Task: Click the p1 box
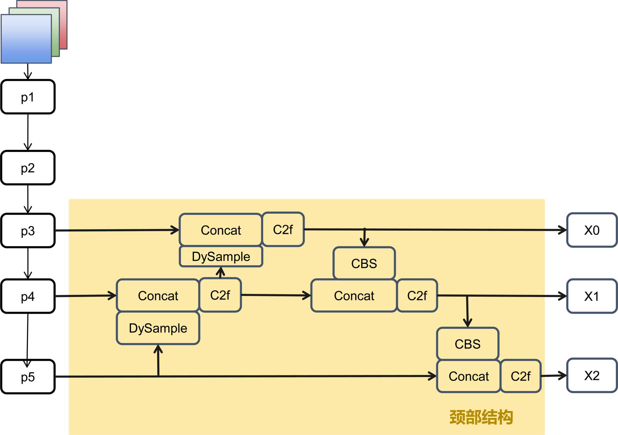[x=28, y=97]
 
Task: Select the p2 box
[x=28, y=168]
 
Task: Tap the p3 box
[x=28, y=231]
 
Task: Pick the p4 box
[x=28, y=296]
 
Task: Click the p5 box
[x=28, y=377]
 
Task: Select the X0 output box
[x=592, y=230]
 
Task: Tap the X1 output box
[x=592, y=296]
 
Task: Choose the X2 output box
[x=592, y=375]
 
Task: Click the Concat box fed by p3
[x=221, y=230]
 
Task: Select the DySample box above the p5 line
[x=158, y=328]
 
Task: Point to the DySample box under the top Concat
[x=221, y=256]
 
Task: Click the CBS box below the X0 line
[x=364, y=263]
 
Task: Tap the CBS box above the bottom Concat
[x=468, y=344]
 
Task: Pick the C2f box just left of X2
[x=520, y=376]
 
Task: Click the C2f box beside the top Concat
[x=283, y=229]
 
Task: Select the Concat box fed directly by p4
[x=158, y=295]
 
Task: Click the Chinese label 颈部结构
[x=481, y=417]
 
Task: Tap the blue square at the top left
[x=26, y=39]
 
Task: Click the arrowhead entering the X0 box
[x=563, y=230]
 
